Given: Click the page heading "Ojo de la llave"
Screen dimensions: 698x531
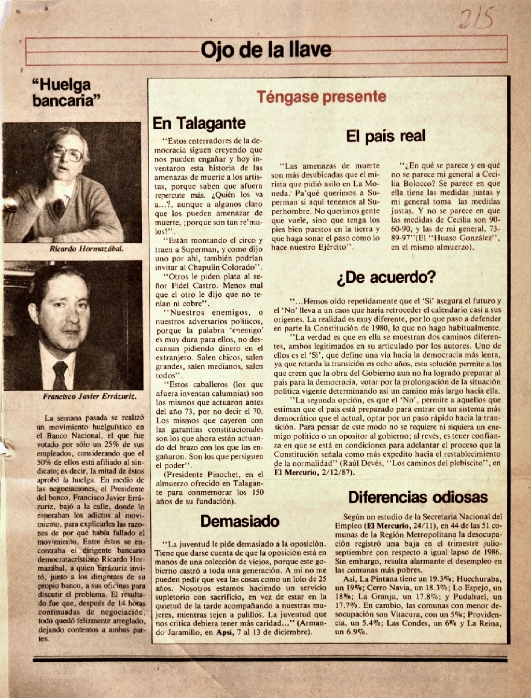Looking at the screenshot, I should pyautogui.click(x=265, y=49).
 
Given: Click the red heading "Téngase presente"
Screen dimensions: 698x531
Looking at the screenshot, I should pyautogui.click(x=321, y=96).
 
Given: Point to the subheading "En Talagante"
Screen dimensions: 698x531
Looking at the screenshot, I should pyautogui.click(x=199, y=124).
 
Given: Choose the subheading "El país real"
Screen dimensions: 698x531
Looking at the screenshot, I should pyautogui.click(x=386, y=136).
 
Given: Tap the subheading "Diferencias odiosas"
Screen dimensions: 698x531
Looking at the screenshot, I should pyautogui.click(x=418, y=498).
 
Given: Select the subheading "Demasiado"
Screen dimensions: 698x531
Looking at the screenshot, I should pyautogui.click(x=240, y=521).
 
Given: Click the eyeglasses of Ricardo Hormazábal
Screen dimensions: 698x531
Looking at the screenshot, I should pyautogui.click(x=65, y=153).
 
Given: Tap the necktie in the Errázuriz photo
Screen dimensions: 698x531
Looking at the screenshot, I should pyautogui.click(x=60, y=375).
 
